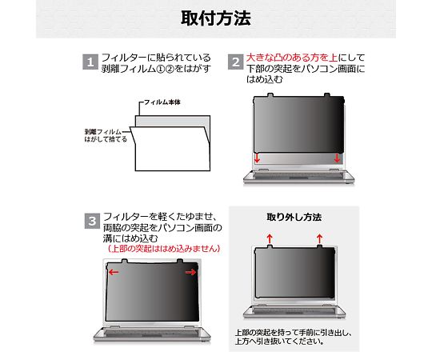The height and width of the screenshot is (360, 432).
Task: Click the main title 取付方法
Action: pos(216,18)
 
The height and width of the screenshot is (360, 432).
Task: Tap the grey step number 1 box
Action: pos(90,62)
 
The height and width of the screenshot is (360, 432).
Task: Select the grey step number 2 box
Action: pos(235,62)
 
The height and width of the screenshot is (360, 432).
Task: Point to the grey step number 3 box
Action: pos(92,221)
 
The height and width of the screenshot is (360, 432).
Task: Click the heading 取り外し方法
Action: pos(294,217)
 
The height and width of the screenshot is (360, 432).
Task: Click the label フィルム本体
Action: pos(162,102)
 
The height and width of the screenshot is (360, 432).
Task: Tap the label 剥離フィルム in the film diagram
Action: pos(102,132)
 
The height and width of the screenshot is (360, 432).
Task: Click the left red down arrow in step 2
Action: pos(257,158)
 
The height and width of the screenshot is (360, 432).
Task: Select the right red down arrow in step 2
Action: pos(337,158)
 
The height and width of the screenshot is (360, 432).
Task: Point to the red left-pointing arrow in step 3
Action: pos(114,273)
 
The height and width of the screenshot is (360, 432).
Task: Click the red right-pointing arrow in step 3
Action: pos(190,273)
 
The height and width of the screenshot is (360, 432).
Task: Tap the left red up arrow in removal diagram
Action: pos(270,238)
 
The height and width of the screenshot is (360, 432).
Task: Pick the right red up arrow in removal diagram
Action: pos(319,238)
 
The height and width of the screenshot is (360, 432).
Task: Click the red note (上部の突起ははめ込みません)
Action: pos(164,249)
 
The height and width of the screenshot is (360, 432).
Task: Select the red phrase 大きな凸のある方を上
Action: pos(292,58)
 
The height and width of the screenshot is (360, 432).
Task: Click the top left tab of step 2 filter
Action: pos(270,95)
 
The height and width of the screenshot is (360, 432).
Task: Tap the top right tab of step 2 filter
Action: pos(326,95)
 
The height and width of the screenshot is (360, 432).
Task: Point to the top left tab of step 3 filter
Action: pos(124,261)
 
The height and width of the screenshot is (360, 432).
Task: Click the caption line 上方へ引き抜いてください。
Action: pos(279,342)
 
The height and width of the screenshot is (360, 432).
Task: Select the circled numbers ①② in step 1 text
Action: pos(166,69)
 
